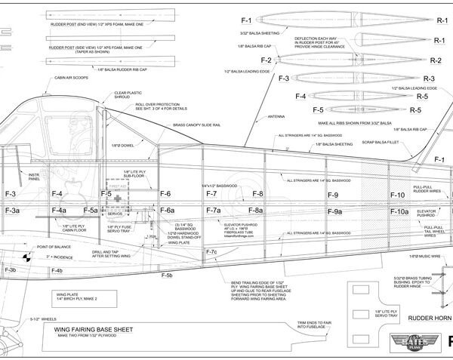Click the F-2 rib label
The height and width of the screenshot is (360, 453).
click(x=265, y=60)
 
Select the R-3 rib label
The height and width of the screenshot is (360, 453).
click(x=430, y=79)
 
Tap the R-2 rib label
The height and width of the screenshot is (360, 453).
click(x=435, y=60)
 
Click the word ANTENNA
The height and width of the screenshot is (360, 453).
click(x=266, y=118)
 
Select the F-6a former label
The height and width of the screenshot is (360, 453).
click(x=167, y=211)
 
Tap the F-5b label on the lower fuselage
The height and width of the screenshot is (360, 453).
click(x=167, y=275)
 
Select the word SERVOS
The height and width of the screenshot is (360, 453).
click(x=116, y=214)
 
